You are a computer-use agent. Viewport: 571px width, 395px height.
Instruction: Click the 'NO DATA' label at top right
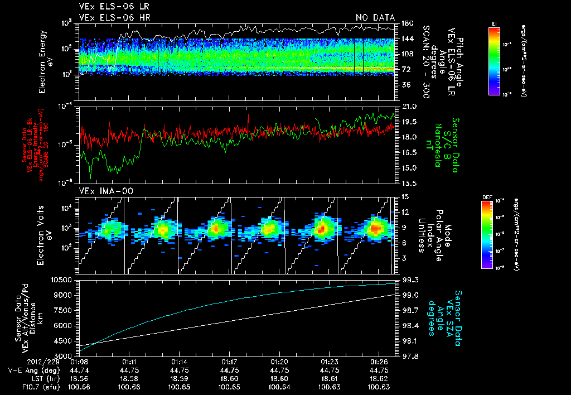pyautogui.click(x=375, y=17)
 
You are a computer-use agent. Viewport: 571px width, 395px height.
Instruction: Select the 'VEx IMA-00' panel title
pyautogui.click(x=101, y=191)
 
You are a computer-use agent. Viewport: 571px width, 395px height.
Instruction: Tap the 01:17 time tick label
pyautogui.click(x=230, y=361)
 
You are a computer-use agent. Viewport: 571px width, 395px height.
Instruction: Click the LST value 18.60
pyautogui.click(x=230, y=378)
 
